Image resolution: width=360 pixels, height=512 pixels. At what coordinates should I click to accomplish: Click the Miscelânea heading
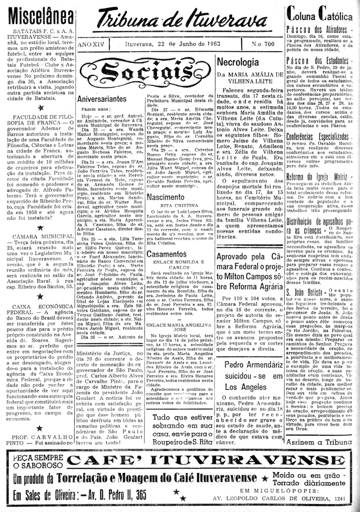click(x=37, y=16)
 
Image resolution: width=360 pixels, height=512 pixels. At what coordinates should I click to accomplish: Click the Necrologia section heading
click(x=238, y=62)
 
